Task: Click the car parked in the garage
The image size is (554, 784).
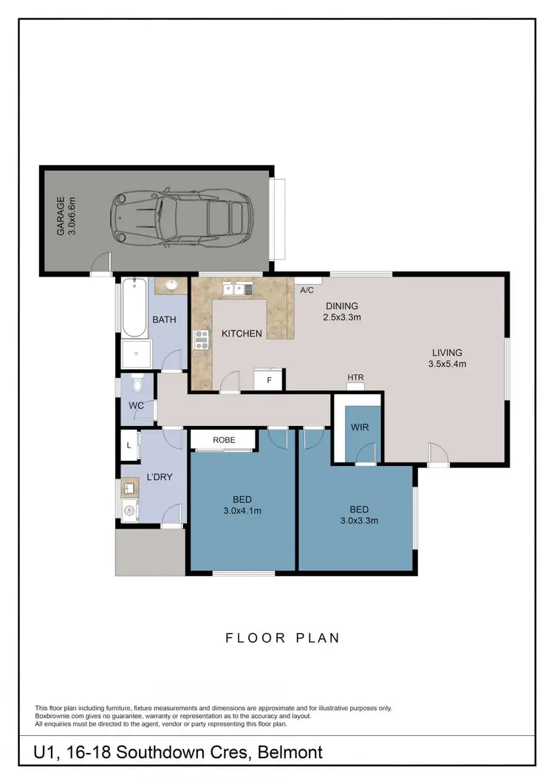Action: [x=180, y=219]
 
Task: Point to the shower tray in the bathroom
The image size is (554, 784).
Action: [x=134, y=355]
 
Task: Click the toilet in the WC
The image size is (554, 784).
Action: [x=135, y=385]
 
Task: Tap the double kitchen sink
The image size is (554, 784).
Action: [x=238, y=289]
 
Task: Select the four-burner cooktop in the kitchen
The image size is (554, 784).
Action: [x=201, y=339]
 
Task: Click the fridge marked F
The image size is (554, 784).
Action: [x=269, y=380]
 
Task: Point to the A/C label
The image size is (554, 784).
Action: [x=308, y=290]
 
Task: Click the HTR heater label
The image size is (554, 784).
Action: [x=356, y=378]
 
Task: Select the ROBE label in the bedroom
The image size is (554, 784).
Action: [x=224, y=440]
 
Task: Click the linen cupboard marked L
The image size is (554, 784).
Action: [x=129, y=445]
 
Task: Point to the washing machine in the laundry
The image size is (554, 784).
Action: [x=129, y=510]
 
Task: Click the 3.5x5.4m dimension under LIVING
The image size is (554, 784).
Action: [x=448, y=364]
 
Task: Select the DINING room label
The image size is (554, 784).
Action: [x=341, y=306]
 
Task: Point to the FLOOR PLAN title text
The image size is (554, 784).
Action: [x=283, y=638]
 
